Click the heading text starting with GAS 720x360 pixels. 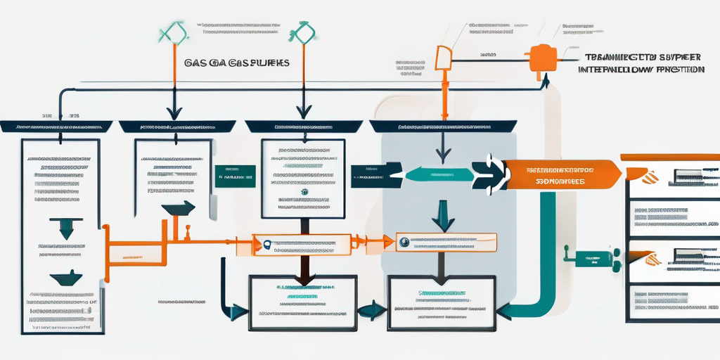coord(236,63)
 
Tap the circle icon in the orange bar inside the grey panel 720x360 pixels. coord(404,243)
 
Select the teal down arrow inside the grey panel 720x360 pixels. coord(443,214)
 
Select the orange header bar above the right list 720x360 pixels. coord(669,157)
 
